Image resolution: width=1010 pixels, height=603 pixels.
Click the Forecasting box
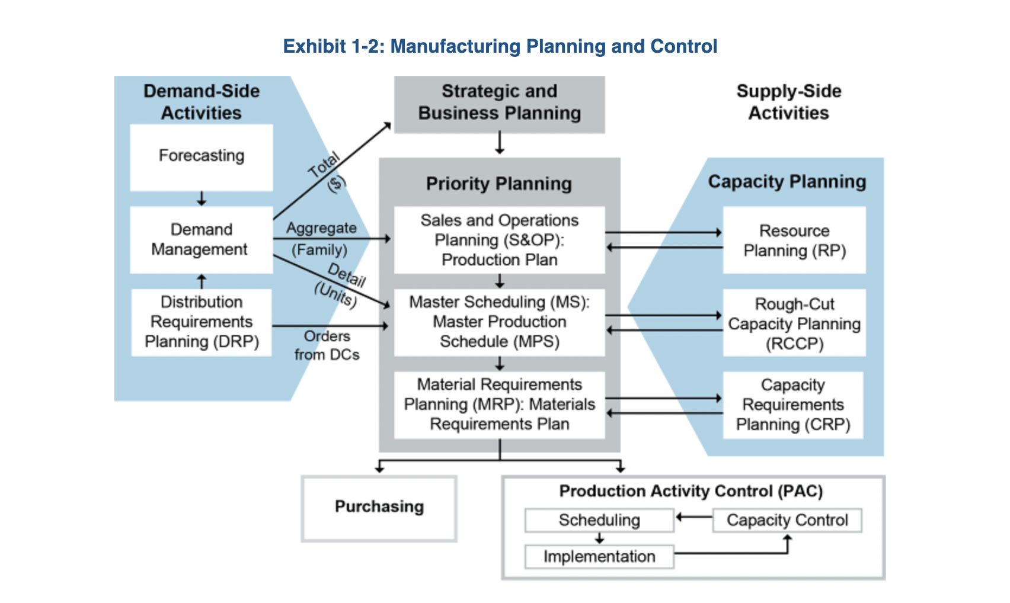pos(202,157)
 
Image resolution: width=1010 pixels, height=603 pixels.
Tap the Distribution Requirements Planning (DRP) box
pos(202,322)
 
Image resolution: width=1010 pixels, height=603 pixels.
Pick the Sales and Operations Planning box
pos(500,240)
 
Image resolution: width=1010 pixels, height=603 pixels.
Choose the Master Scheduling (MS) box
pos(500,322)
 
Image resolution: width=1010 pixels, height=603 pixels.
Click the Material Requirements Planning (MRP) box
pos(500,405)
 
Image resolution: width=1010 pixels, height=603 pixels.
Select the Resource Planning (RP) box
pos(794,240)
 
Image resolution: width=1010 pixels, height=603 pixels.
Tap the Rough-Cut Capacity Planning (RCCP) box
pos(794,323)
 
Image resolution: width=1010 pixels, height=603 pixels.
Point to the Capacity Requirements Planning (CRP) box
pos(793,405)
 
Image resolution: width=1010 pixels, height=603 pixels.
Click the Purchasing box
pos(379,508)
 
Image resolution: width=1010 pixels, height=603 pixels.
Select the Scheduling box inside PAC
pos(599,520)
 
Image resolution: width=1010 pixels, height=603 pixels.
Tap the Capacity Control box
pos(787,520)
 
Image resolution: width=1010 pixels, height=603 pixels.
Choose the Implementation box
pos(599,557)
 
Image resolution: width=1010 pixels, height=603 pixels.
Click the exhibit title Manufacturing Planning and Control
pos(500,46)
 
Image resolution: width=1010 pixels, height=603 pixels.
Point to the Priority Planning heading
pos(499,184)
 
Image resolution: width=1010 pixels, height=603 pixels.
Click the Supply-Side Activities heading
pos(789,102)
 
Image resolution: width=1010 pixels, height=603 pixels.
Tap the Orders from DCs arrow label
pos(327,345)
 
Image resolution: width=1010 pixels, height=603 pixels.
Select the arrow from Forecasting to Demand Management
pos(202,198)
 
